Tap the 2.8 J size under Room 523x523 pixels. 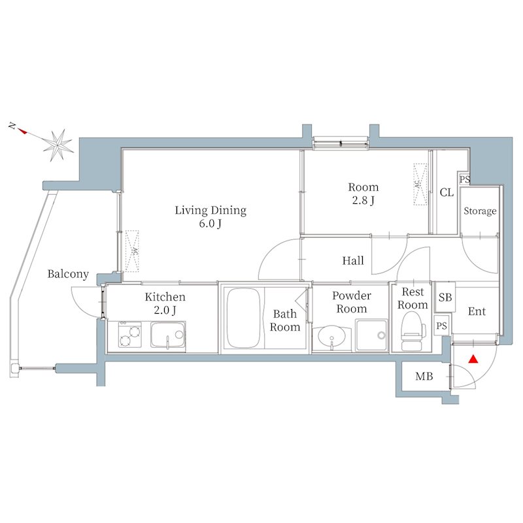tap(363, 201)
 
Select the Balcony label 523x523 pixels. tap(67, 275)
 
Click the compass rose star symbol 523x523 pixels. tap(60, 143)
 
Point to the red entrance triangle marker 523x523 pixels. tap(473, 359)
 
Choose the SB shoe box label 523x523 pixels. tap(445, 297)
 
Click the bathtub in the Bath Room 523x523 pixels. tap(244, 319)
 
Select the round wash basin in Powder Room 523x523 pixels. tap(333, 337)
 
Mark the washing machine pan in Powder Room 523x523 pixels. tap(371, 335)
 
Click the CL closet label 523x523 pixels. tap(447, 193)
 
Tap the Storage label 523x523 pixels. tap(480, 211)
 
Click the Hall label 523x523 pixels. tap(353, 261)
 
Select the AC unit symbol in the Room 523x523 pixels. tap(418, 184)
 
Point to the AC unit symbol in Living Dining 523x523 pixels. tap(133, 250)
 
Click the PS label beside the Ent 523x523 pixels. tap(442, 326)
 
